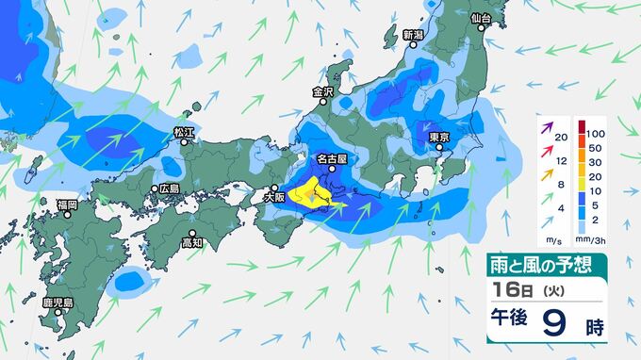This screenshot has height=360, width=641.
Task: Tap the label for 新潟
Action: click(x=414, y=35)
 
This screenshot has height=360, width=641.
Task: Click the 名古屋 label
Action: click(x=332, y=161)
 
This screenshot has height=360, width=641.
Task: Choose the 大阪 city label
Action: click(x=274, y=198)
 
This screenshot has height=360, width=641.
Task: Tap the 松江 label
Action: click(x=183, y=133)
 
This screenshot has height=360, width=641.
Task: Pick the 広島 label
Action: click(x=170, y=188)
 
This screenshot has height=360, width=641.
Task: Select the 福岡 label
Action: click(x=66, y=204)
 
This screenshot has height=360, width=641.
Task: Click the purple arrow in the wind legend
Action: click(x=545, y=125)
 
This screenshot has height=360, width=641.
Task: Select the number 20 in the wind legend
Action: click(x=562, y=138)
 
